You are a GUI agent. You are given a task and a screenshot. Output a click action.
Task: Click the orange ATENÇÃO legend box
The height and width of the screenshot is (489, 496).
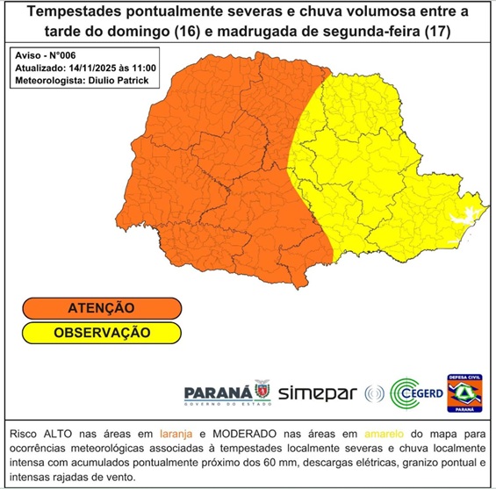(x=101, y=308)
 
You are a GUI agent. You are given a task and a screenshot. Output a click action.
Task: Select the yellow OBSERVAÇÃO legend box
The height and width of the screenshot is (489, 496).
(x=101, y=333)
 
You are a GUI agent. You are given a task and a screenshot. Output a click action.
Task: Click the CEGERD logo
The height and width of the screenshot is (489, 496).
(x=413, y=392)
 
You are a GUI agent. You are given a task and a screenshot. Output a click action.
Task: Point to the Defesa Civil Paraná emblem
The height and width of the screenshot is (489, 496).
(x=465, y=392)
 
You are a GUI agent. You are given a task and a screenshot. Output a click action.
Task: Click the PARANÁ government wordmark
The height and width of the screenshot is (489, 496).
(x=218, y=391)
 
